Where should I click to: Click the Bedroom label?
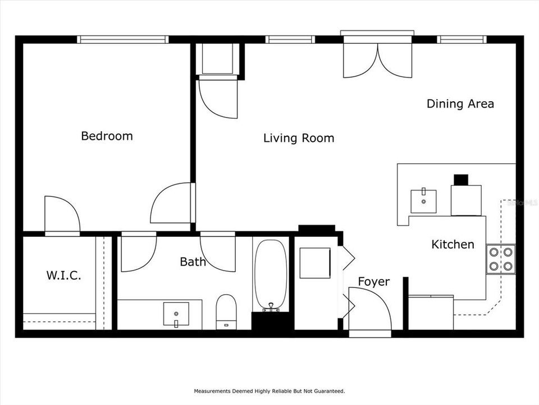pos(107,136)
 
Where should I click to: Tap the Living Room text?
pos(299,138)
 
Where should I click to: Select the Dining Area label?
pos(460,103)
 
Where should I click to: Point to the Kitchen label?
pos(453,244)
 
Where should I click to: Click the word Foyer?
pos(373,281)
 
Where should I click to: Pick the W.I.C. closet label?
pos(63,276)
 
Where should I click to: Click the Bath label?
pos(193,262)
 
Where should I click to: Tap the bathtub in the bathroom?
pos(271,274)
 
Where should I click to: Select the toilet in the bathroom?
pos(226,310)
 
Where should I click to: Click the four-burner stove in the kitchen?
pos(501,259)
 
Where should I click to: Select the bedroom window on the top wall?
pos(123,39)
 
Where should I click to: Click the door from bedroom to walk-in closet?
pos(62,215)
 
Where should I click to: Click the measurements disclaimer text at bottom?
pos(269,390)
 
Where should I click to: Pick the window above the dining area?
pos(461,39)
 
